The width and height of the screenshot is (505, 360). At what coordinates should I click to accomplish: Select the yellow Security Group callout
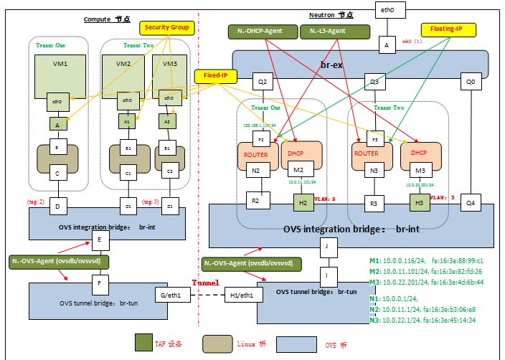coord(167,27)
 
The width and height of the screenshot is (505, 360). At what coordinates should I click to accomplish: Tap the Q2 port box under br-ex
coord(263,82)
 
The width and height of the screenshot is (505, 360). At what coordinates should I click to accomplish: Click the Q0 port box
coord(471,82)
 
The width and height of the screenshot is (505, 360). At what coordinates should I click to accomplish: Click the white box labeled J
coord(326,247)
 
